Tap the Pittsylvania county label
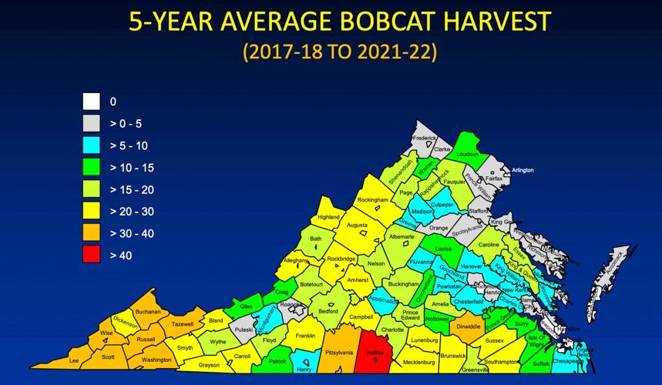[x=339, y=352]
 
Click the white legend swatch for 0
[x=92, y=101]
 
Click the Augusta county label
[x=357, y=225]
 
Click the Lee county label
[x=74, y=360]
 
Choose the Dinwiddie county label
[x=468, y=326]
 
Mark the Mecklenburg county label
[x=419, y=361]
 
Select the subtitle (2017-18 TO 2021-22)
[x=339, y=52]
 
